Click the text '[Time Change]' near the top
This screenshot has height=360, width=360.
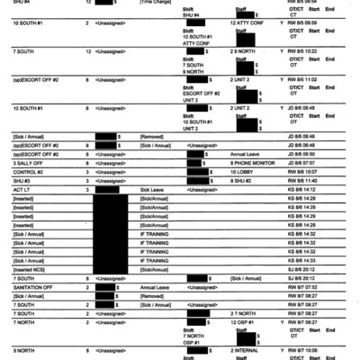click(x=154, y=4)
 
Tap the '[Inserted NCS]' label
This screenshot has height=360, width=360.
click(x=31, y=269)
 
